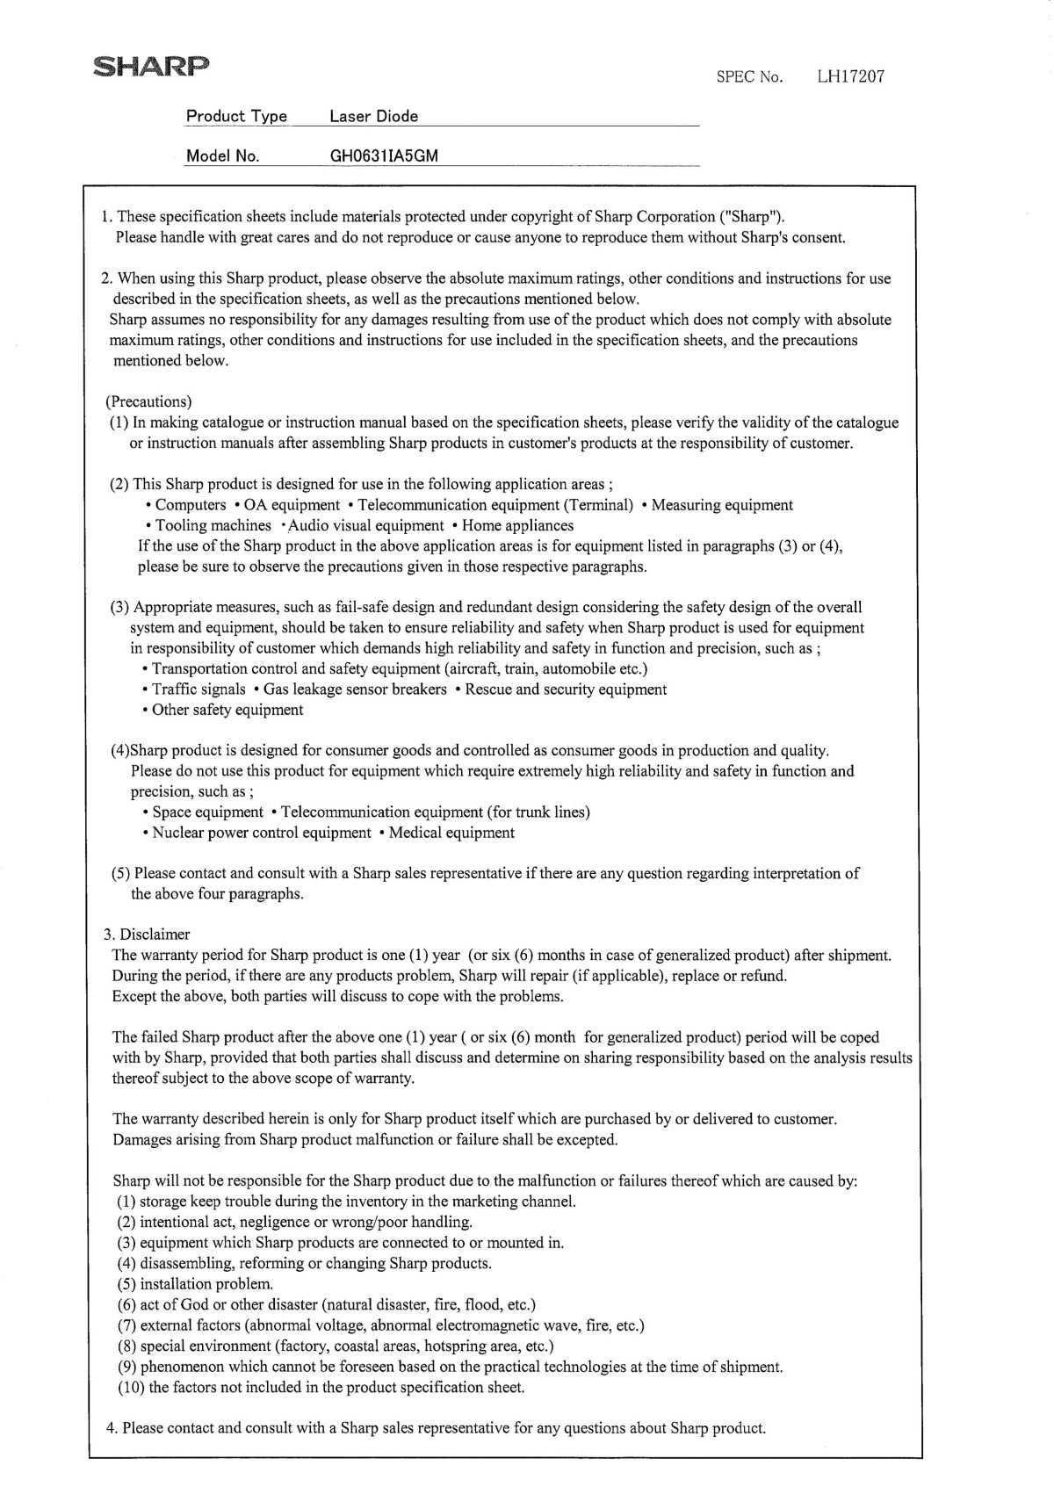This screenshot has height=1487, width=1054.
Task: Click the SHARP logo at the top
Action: tap(151, 67)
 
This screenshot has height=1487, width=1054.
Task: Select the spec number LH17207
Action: tap(850, 76)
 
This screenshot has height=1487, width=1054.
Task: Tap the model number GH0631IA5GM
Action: tap(384, 156)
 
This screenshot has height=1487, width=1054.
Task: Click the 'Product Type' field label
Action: tap(236, 116)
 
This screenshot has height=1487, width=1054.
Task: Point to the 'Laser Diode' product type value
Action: tap(373, 116)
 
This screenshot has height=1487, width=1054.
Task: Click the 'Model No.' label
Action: tap(222, 156)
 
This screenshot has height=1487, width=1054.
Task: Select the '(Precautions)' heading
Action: tap(148, 402)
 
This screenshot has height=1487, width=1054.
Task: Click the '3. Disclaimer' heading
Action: tap(146, 935)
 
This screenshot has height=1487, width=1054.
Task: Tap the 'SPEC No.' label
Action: tap(748, 76)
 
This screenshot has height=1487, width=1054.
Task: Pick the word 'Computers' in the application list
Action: tap(191, 505)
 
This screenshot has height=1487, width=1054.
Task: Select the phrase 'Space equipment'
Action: tap(207, 812)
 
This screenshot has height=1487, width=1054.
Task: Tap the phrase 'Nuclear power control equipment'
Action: tap(262, 833)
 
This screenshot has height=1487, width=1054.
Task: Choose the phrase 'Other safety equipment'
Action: tap(227, 710)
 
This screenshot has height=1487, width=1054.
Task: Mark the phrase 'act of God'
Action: tap(174, 1304)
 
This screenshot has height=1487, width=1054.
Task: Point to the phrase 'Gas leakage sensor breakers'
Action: tap(355, 689)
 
